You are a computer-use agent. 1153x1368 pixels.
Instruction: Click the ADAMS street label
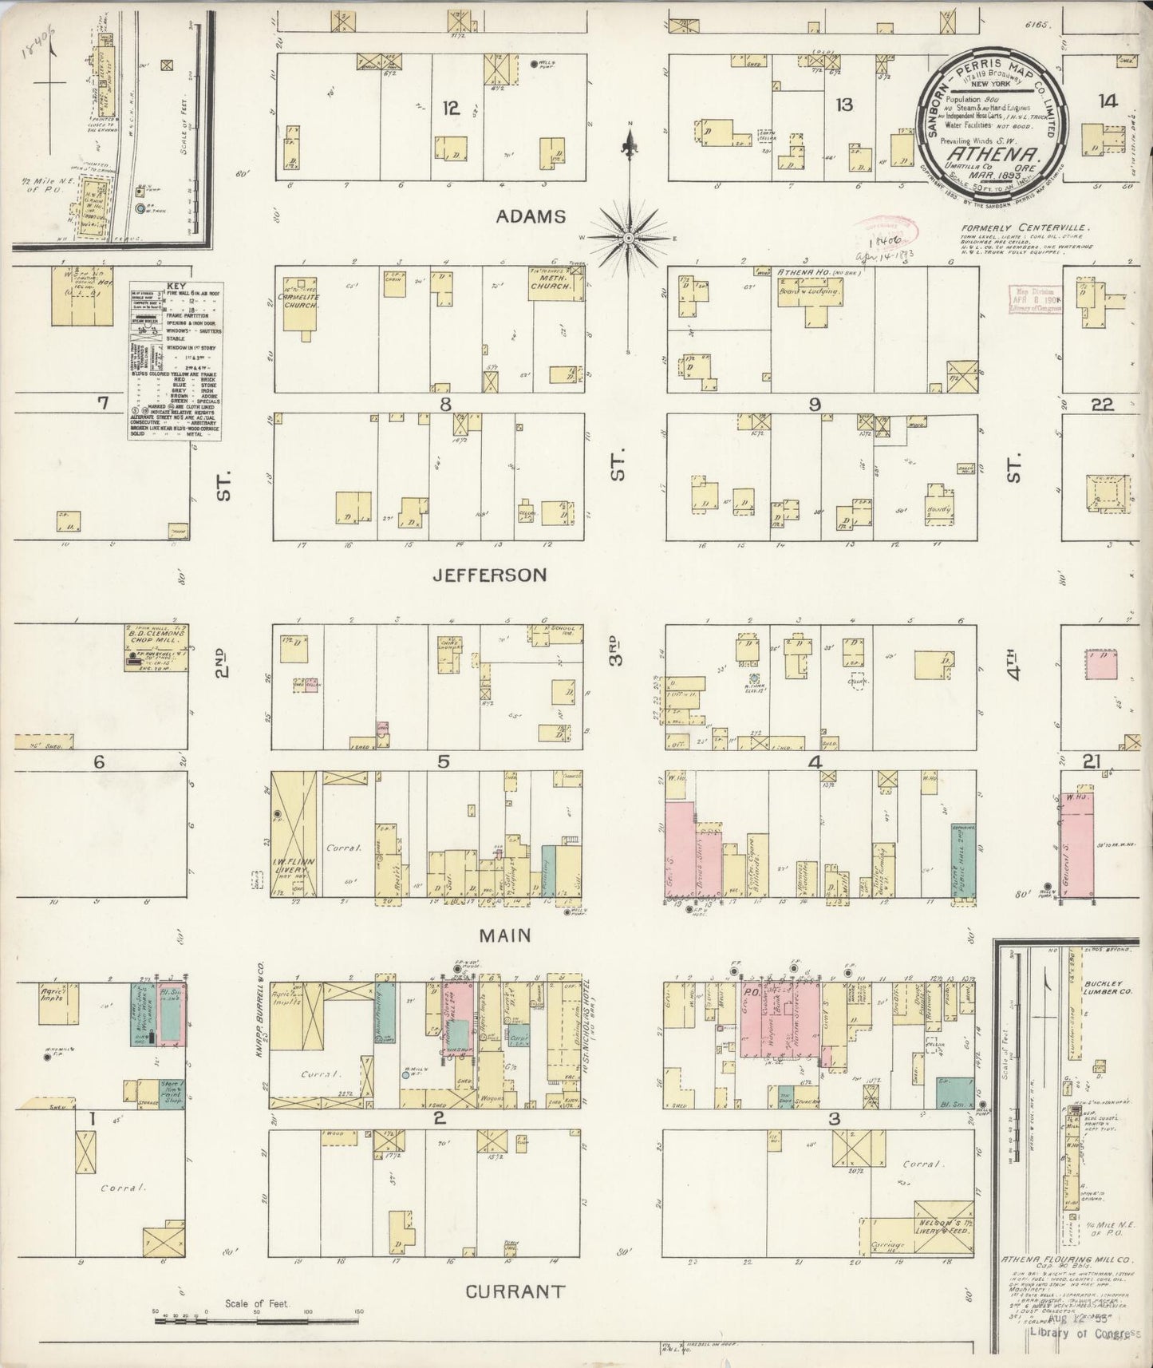pos(530,216)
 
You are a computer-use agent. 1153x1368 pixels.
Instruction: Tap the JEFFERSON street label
pos(490,575)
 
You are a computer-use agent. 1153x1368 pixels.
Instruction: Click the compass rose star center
pos(630,238)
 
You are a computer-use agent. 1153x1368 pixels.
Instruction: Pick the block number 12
pos(452,109)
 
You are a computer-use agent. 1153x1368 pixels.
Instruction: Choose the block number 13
pos(844,104)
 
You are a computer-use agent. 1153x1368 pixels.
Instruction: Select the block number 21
pos(1090,762)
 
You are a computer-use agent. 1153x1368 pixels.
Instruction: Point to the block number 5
pos(443,761)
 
